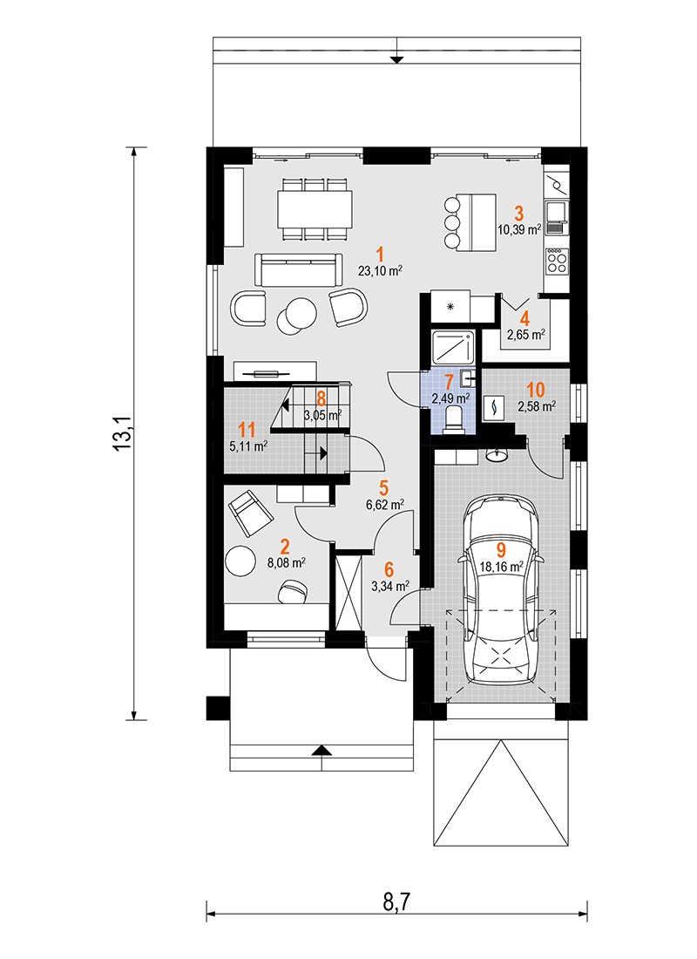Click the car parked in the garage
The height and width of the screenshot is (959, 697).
pyautogui.click(x=501, y=591)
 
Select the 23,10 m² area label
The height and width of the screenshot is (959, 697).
pyautogui.click(x=380, y=271)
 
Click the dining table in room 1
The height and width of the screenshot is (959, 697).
pyautogui.click(x=315, y=208)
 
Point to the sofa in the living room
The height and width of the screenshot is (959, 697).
pyautogui.click(x=298, y=269)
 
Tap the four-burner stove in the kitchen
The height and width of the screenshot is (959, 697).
pyautogui.click(x=557, y=262)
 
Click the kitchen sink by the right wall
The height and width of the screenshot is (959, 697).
pyautogui.click(x=557, y=218)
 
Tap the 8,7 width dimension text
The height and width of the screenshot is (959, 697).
pyautogui.click(x=396, y=901)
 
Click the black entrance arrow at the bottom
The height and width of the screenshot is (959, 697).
pyautogui.click(x=323, y=750)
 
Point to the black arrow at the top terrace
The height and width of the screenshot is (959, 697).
pyautogui.click(x=397, y=59)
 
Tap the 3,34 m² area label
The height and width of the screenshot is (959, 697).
pyautogui.click(x=390, y=587)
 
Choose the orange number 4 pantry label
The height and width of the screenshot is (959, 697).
pyautogui.click(x=524, y=318)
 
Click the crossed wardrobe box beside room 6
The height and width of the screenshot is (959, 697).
pyautogui.click(x=349, y=591)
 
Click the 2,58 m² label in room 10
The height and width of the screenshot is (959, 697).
pyautogui.click(x=536, y=405)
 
